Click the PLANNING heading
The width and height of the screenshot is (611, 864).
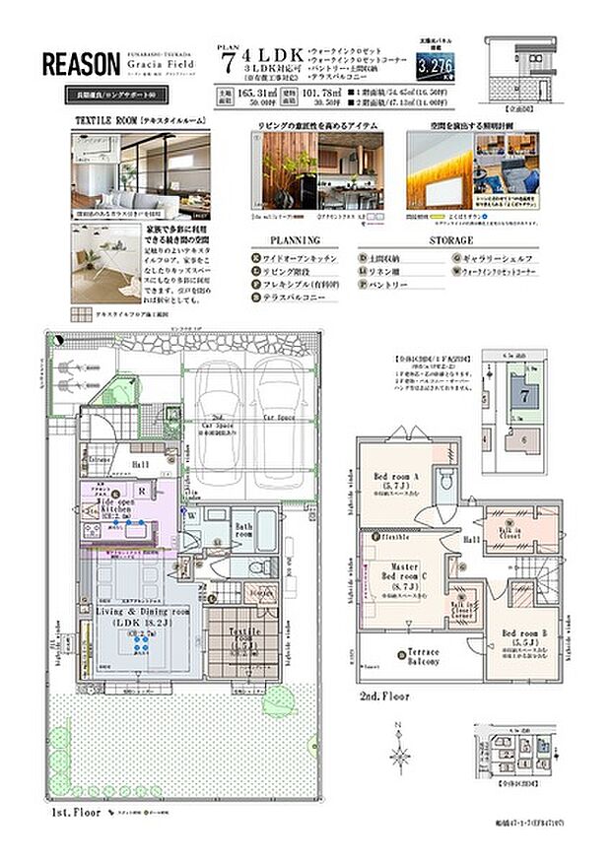295,239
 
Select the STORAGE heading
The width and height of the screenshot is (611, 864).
451,239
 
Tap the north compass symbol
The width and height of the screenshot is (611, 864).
400,755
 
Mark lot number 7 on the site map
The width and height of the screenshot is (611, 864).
526,394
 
